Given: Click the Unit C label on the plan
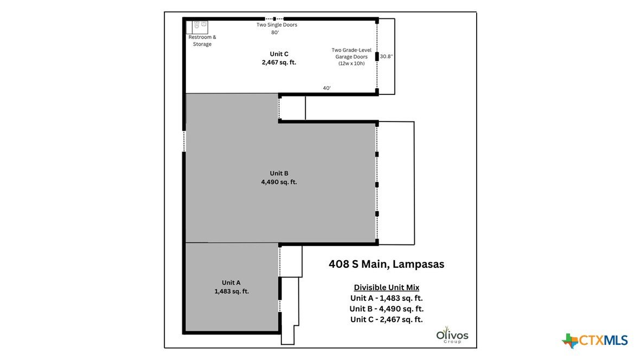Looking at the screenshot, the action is [279, 54].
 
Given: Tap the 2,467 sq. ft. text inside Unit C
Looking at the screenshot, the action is [279, 62].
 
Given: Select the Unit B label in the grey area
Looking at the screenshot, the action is [279, 173].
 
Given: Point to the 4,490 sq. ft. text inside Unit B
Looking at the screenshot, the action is [279, 182].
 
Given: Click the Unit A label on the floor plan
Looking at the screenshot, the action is [231, 282].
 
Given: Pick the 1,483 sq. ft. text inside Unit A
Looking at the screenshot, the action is [232, 291].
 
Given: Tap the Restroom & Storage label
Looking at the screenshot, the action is [202, 41].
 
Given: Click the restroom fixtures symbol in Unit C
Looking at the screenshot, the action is [200, 25].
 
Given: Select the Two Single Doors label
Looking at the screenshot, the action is [277, 25].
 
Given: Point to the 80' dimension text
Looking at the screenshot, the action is [275, 33].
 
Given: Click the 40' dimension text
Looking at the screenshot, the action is [326, 88].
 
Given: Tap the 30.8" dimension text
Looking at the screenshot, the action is [386, 56].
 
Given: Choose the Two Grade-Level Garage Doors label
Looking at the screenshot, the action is [351, 57].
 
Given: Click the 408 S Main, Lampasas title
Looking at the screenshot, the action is [386, 264].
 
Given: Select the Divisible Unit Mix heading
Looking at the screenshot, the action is [386, 287].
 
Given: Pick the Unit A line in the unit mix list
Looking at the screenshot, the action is [386, 298].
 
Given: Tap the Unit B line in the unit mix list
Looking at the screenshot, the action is [386, 309].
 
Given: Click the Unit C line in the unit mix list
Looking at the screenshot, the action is [386, 319].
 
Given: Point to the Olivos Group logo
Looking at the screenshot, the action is [452, 335].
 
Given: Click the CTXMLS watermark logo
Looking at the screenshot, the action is [595, 340].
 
